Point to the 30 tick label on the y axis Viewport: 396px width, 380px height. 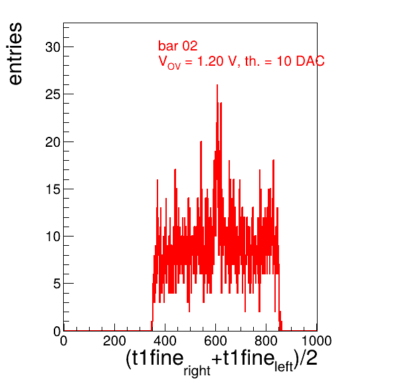pyautogui.click(x=52, y=47)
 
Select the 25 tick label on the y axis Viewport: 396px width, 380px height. pyautogui.click(x=52, y=94)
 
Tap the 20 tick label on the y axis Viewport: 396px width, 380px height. pyautogui.click(x=52, y=142)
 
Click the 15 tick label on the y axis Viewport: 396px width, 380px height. pyautogui.click(x=53, y=189)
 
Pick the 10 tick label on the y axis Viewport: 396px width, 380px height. pyautogui.click(x=53, y=237)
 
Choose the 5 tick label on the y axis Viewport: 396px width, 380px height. pyautogui.click(x=57, y=284)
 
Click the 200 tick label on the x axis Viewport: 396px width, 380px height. pyautogui.click(x=114, y=341)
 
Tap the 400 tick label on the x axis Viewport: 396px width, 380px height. pyautogui.click(x=165, y=341)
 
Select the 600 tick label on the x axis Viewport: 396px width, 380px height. pyautogui.click(x=215, y=341)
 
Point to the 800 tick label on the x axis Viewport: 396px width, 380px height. pyautogui.click(x=266, y=341)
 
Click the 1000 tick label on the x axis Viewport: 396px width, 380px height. pyautogui.click(x=316, y=341)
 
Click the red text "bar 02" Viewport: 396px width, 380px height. pyautogui.click(x=178, y=46)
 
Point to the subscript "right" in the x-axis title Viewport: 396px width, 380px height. pyautogui.click(x=197, y=371)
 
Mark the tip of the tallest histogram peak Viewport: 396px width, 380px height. pyautogui.click(x=217, y=85)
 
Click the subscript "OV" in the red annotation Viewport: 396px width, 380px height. pyautogui.click(x=174, y=66)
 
